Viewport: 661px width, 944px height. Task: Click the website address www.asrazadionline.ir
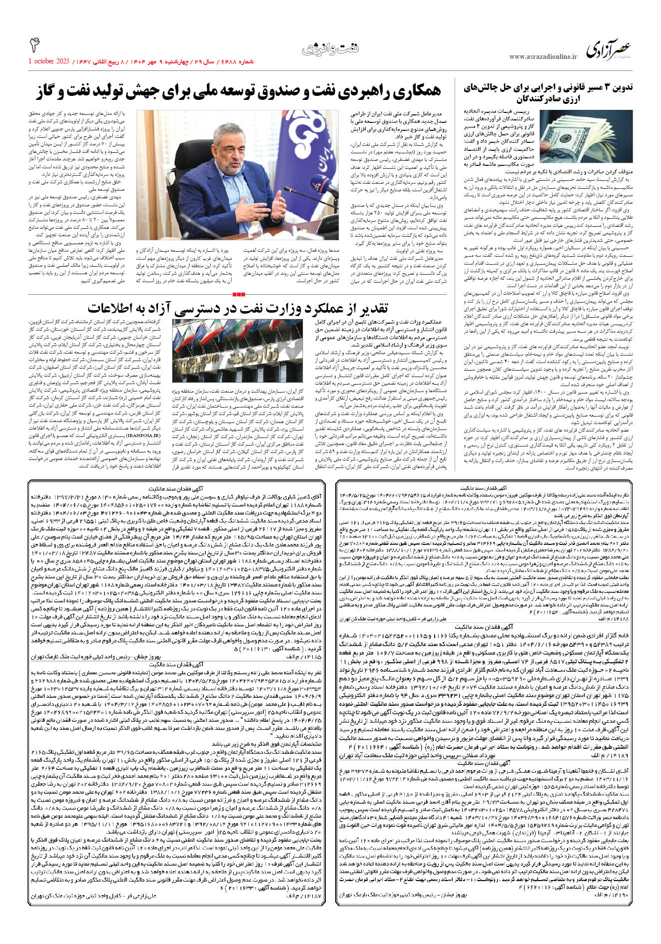(543, 57)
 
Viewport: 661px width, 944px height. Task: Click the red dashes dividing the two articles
(239, 293)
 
